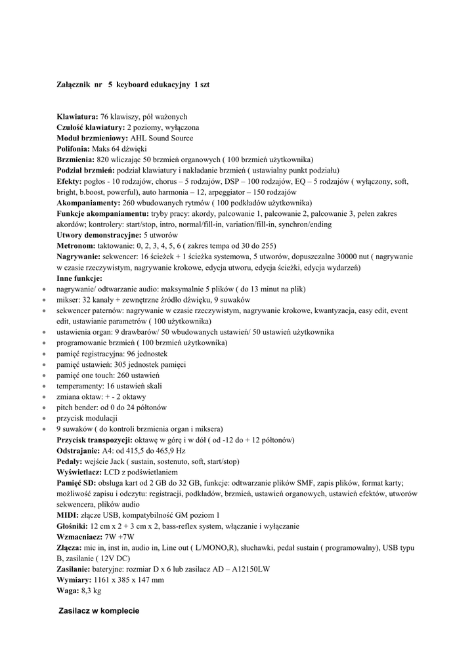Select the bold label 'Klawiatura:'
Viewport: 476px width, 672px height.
click(77, 116)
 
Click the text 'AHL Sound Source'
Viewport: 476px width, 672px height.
click(162, 138)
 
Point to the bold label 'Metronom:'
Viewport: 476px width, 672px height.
click(76, 245)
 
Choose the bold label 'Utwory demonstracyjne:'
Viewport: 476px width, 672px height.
click(99, 235)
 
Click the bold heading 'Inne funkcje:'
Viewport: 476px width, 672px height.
click(79, 278)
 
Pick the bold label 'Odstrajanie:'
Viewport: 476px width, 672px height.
click(79, 451)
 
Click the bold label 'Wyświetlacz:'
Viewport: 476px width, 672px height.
click(79, 472)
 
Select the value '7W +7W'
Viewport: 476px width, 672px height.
click(119, 537)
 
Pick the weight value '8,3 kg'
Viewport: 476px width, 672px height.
click(91, 591)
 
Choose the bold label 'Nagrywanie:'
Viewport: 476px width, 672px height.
click(77, 257)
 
